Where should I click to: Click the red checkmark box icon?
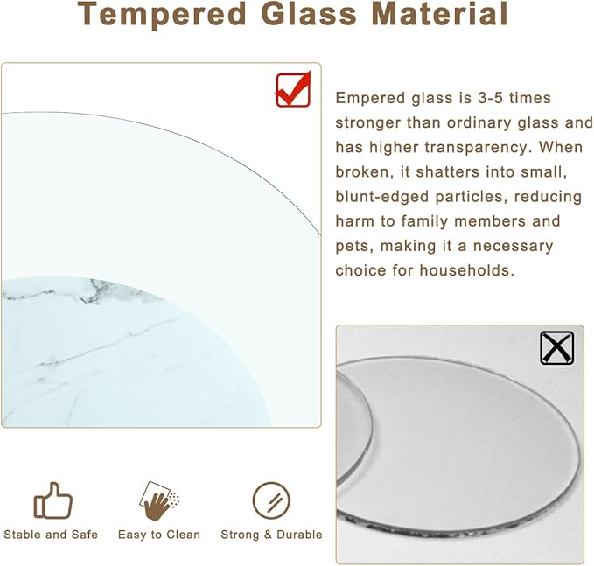pos(293,89)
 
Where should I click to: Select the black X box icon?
pos(556,347)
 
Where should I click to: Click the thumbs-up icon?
pos(52,501)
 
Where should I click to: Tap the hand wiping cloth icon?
pos(159,500)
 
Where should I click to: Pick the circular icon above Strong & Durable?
pos(271,500)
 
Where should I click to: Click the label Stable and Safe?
pos(51,535)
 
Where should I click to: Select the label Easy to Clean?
pos(159,535)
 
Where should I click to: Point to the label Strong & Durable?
pos(271,535)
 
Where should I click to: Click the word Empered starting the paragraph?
pos(368,99)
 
